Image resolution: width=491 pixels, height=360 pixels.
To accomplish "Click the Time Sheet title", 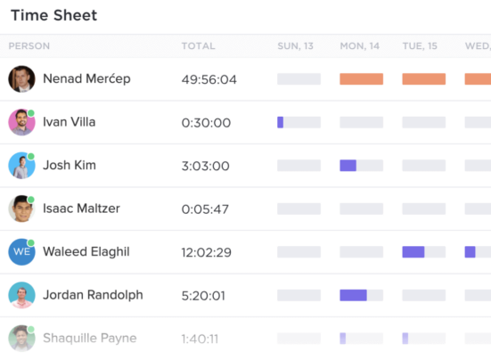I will [53, 15].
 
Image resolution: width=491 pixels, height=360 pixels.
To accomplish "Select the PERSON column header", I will [29, 45].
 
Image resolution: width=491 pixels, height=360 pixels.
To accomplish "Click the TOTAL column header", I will [198, 45].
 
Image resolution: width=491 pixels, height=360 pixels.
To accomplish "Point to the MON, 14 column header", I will [361, 45].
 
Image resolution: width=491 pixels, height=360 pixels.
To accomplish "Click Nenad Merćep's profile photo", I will [21, 78].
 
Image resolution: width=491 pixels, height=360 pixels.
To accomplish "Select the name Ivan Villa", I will [69, 122].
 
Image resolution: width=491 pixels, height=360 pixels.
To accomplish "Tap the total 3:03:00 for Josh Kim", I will [205, 166].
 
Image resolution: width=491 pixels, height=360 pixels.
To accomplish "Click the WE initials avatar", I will [21, 252].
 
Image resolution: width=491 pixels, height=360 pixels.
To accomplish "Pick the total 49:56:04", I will [209, 79].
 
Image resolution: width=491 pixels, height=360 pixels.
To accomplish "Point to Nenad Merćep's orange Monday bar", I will [361, 79].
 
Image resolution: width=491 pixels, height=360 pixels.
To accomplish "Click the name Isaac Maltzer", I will [81, 209].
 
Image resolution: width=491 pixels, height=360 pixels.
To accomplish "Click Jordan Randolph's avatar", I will [21, 295].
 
